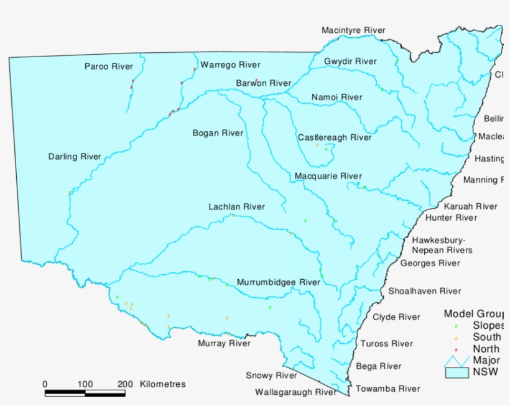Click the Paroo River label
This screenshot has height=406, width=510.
click(109, 67)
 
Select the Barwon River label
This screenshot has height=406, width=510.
click(263, 83)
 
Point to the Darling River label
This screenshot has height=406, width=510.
click(75, 157)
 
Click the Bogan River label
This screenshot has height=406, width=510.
click(218, 133)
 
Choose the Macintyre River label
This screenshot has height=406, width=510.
click(353, 30)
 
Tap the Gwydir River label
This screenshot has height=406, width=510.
click(350, 62)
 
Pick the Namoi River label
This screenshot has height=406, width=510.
click(336, 97)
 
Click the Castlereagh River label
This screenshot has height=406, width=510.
click(334, 137)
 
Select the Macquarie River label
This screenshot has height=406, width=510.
click(328, 176)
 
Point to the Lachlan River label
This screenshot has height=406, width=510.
click(236, 207)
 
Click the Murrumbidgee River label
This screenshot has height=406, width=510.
click(278, 282)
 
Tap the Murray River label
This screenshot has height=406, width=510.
click(224, 343)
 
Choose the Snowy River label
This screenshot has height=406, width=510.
click(271, 376)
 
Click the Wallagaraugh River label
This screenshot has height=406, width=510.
click(295, 392)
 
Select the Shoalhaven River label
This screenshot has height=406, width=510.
click(425, 291)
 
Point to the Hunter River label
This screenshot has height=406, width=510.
click(451, 218)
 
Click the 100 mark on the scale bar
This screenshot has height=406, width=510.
click(85, 384)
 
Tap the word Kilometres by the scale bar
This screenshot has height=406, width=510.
click(163, 384)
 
